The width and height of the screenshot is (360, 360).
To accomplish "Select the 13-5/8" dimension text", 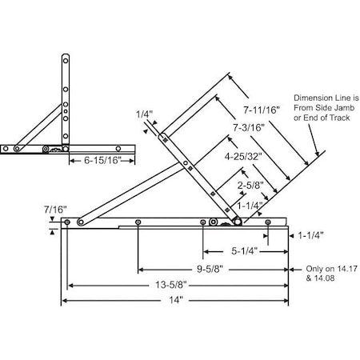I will pos(176,284).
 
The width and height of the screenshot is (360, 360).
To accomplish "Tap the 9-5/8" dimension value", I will pos(207,269).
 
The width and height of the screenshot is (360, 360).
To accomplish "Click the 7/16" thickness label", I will pos(57,209).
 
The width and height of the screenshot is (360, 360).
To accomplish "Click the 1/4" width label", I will pos(144,114).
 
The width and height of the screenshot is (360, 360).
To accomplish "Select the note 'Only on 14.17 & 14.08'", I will pos(322,274).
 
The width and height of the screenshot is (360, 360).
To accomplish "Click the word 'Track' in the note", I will pos(337,118).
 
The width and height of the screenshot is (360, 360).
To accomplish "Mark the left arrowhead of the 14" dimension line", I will pos(65,301).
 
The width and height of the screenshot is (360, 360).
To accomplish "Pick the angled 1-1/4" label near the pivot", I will pos(250,205).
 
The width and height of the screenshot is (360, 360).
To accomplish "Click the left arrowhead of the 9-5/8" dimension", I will pos(140,269).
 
